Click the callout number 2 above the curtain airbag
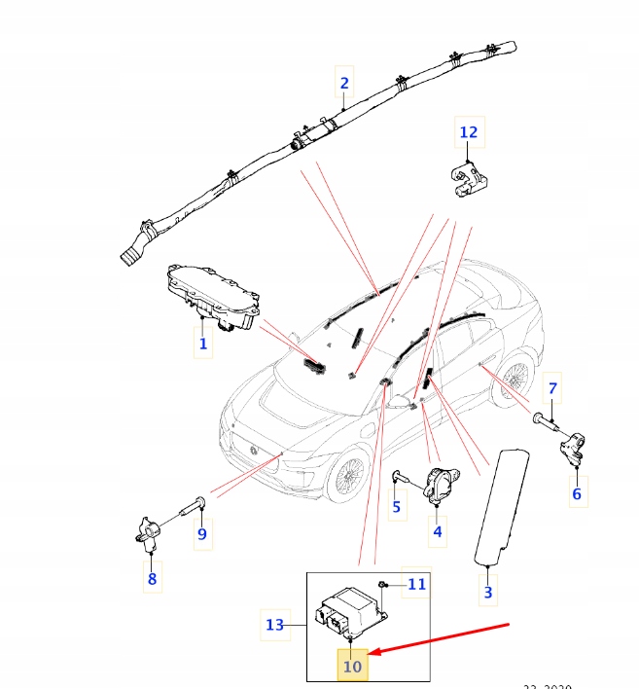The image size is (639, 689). tap(343, 84)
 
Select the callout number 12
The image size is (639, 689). tap(469, 132)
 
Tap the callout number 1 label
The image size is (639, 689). tap(203, 344)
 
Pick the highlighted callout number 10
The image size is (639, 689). tap(352, 667)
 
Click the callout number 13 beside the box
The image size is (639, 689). tap(275, 625)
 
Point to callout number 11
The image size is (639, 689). tap(416, 584)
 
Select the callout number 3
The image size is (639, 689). tap(488, 591)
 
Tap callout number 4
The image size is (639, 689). tap(438, 531)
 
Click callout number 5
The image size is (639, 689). tap(397, 507)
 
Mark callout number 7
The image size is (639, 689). tap(551, 389)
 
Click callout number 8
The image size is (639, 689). tap(152, 580)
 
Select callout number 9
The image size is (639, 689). tap(202, 533)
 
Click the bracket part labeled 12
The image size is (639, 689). tap(469, 177)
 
